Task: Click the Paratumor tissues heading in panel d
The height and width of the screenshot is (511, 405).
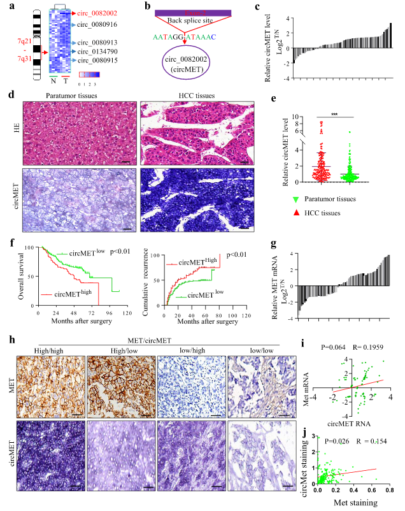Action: tap(71, 97)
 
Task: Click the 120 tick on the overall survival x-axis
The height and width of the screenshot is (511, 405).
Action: tap(125, 314)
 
